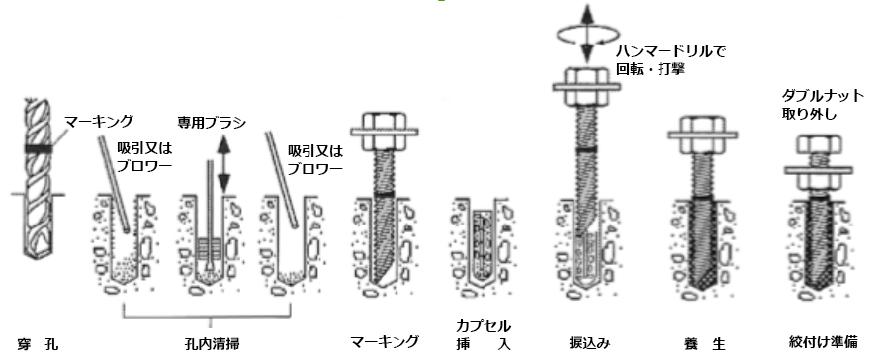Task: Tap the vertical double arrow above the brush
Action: point(222,162)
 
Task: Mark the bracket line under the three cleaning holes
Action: point(215,315)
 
